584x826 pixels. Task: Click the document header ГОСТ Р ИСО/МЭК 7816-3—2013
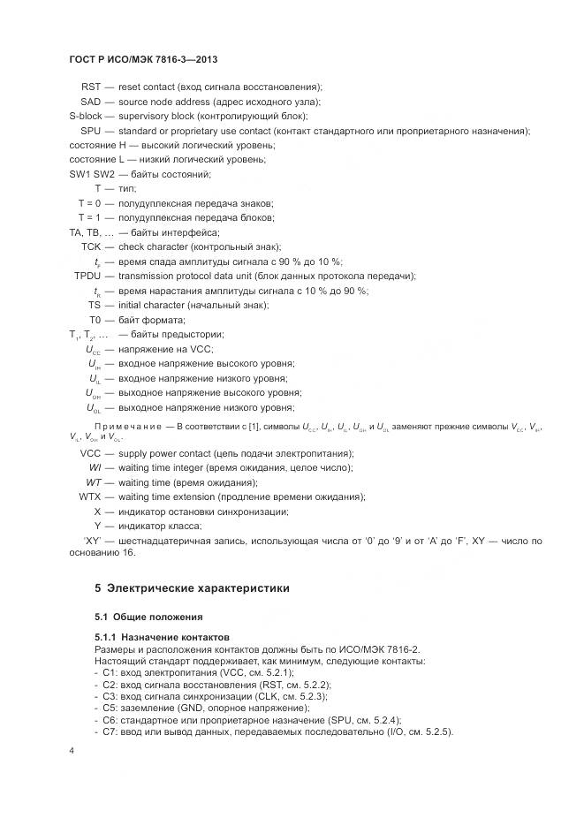[x=144, y=59]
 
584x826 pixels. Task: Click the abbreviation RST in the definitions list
[x=91, y=87]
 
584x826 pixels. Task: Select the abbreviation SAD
[x=90, y=102]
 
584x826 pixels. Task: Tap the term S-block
[x=86, y=116]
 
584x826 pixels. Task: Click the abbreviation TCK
[x=91, y=246]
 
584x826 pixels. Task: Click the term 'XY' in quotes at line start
[x=95, y=540]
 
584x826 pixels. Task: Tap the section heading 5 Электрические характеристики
[x=191, y=587]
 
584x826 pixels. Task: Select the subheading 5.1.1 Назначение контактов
[x=162, y=637]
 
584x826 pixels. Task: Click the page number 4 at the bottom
[x=72, y=750]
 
